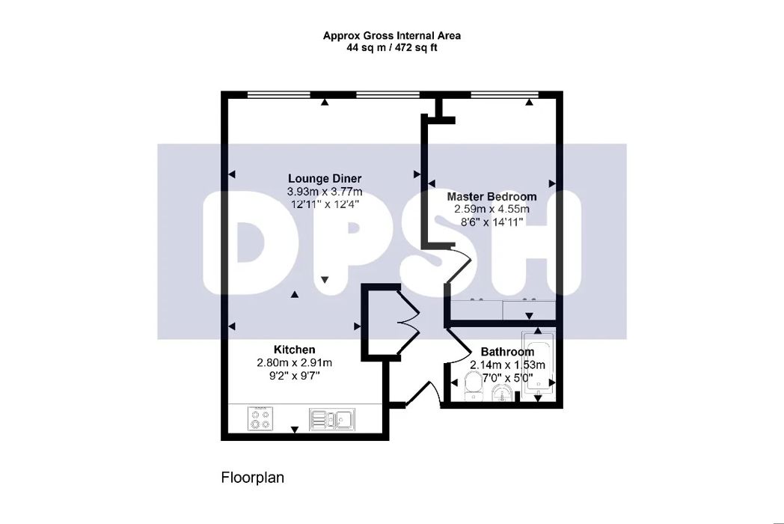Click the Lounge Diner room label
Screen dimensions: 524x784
pos(325,178)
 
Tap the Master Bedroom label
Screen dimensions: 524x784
pos(491,197)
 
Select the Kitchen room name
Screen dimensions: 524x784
pos(294,350)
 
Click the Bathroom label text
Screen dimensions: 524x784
pos(507,352)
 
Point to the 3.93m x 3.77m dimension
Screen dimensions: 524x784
pos(325,192)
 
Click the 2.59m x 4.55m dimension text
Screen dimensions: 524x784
pos(491,209)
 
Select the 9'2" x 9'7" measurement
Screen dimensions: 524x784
pos(294,376)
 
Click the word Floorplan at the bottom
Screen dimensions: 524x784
pos(252,477)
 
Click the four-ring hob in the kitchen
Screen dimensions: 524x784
pos(261,418)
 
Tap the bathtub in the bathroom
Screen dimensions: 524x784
pos(539,363)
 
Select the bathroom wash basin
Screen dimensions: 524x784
pos(501,393)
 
